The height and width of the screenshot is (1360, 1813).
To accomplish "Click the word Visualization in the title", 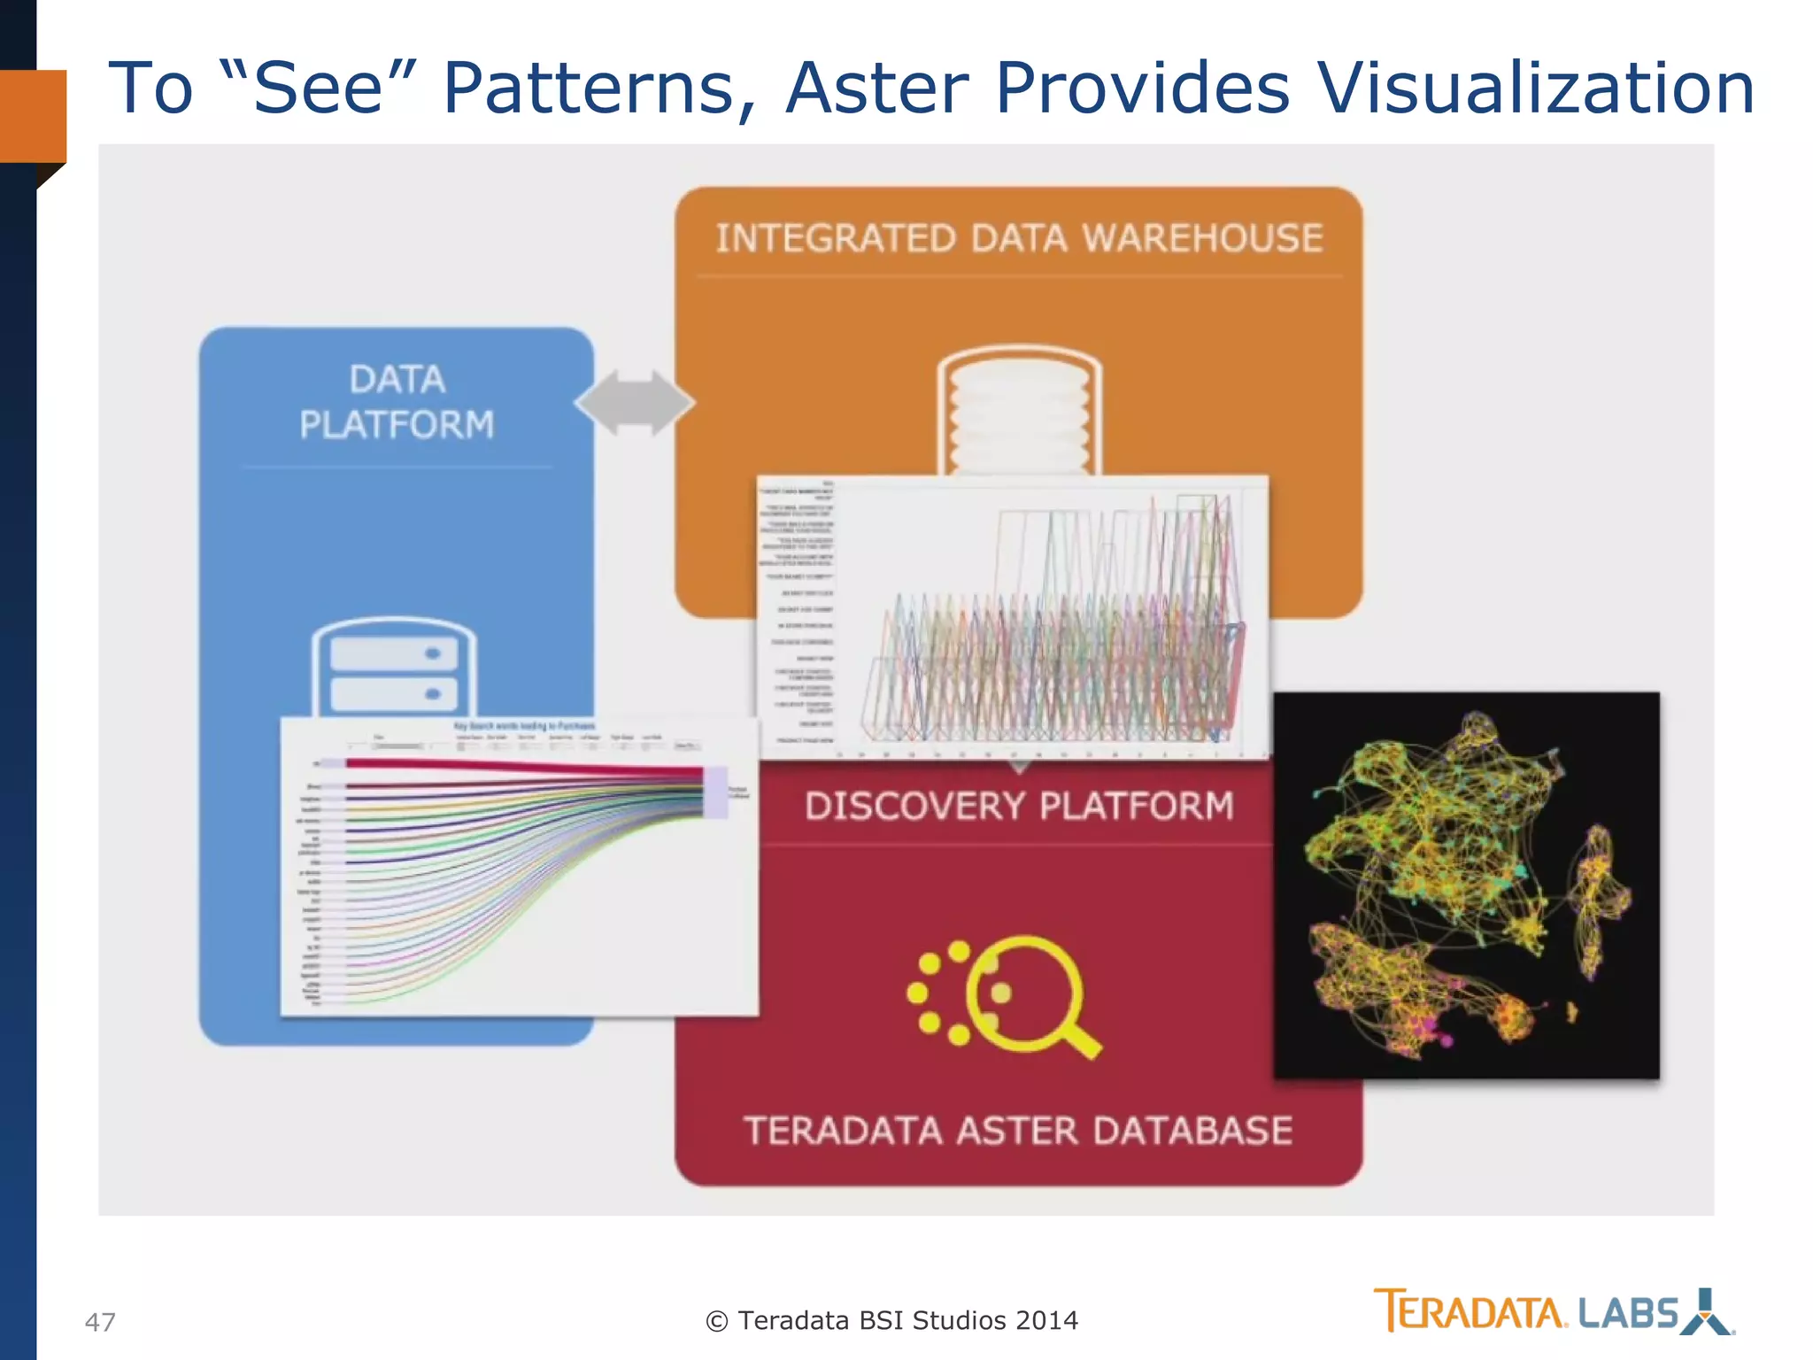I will coord(1536,89).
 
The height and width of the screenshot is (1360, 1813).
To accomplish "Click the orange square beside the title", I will coord(33,116).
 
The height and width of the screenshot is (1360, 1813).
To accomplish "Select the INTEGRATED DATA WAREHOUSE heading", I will coord(1019,238).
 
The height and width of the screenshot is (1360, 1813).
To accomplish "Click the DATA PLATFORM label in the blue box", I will coord(397,402).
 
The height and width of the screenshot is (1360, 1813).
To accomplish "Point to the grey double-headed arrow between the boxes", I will coord(634,403).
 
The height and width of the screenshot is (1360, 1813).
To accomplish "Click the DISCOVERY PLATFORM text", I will coord(1019,806).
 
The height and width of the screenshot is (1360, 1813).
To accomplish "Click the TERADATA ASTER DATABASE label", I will coord(1018,1131).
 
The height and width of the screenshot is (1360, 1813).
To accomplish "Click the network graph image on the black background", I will coord(1466,885).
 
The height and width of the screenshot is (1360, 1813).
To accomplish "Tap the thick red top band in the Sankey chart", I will coord(522,767).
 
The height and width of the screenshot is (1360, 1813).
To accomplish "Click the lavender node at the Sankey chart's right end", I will coord(715,792).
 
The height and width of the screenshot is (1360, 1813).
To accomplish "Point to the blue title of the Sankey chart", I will coord(524,726).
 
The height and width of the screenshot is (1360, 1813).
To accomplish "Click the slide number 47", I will coord(100,1322).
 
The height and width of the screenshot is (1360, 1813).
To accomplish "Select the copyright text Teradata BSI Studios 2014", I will coord(892,1320).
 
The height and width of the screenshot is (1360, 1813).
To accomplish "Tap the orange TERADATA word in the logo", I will coord(1470,1312).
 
